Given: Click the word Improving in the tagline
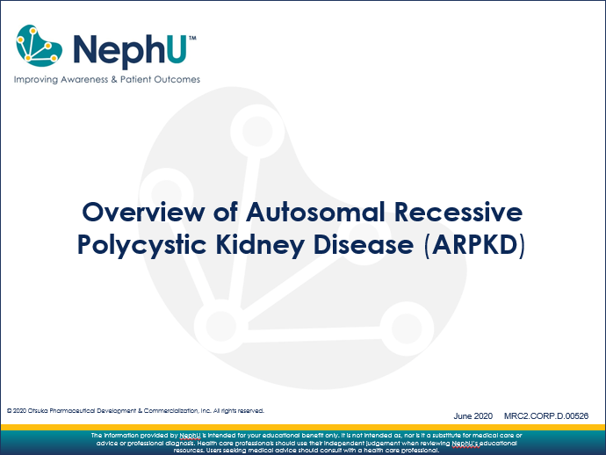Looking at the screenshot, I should pyautogui.click(x=34, y=79).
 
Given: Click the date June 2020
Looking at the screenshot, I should pyautogui.click(x=473, y=415).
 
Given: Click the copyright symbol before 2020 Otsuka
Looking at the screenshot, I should pyautogui.click(x=9, y=410).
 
